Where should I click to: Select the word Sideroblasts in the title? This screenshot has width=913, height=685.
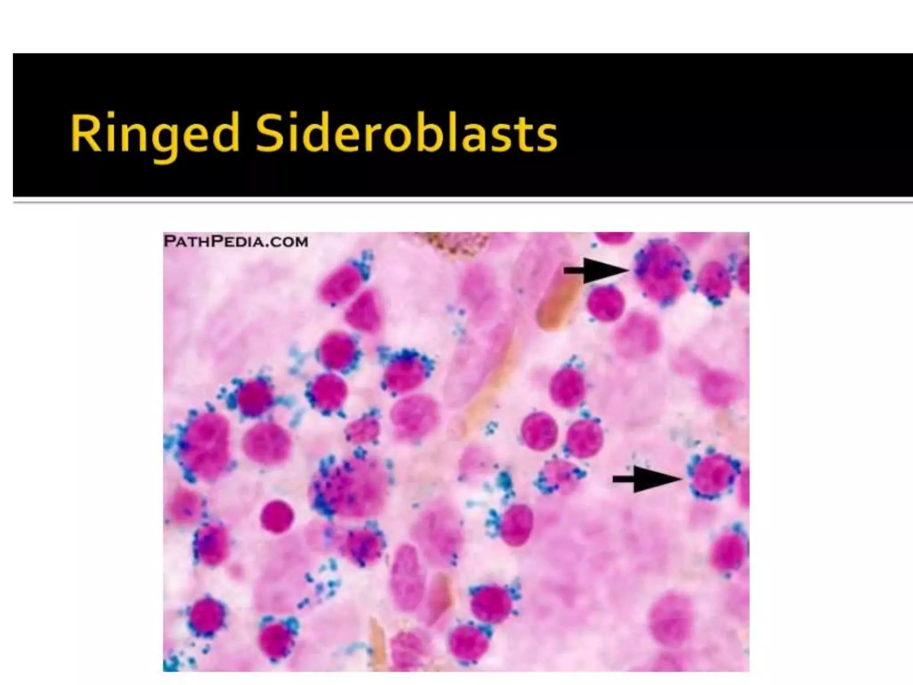point(406,133)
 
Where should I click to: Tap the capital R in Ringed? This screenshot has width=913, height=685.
point(85,133)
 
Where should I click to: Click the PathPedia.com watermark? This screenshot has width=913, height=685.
point(236,242)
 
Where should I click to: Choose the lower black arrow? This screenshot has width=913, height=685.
point(646,479)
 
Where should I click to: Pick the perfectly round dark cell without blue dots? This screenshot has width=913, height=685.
point(277,516)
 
